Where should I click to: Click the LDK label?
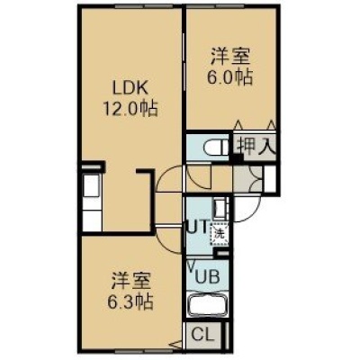(130, 88)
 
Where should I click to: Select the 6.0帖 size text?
(229, 77)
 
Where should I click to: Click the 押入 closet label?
(255, 147)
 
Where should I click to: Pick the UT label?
(197, 227)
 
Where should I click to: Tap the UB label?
(207, 276)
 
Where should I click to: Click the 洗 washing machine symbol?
(220, 234)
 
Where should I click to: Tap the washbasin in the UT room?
(220, 207)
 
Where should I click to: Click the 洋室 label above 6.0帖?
(229, 57)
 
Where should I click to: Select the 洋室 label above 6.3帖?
(130, 281)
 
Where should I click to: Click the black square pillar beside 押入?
(238, 158)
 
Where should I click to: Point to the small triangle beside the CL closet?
(176, 344)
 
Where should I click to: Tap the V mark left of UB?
(191, 265)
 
